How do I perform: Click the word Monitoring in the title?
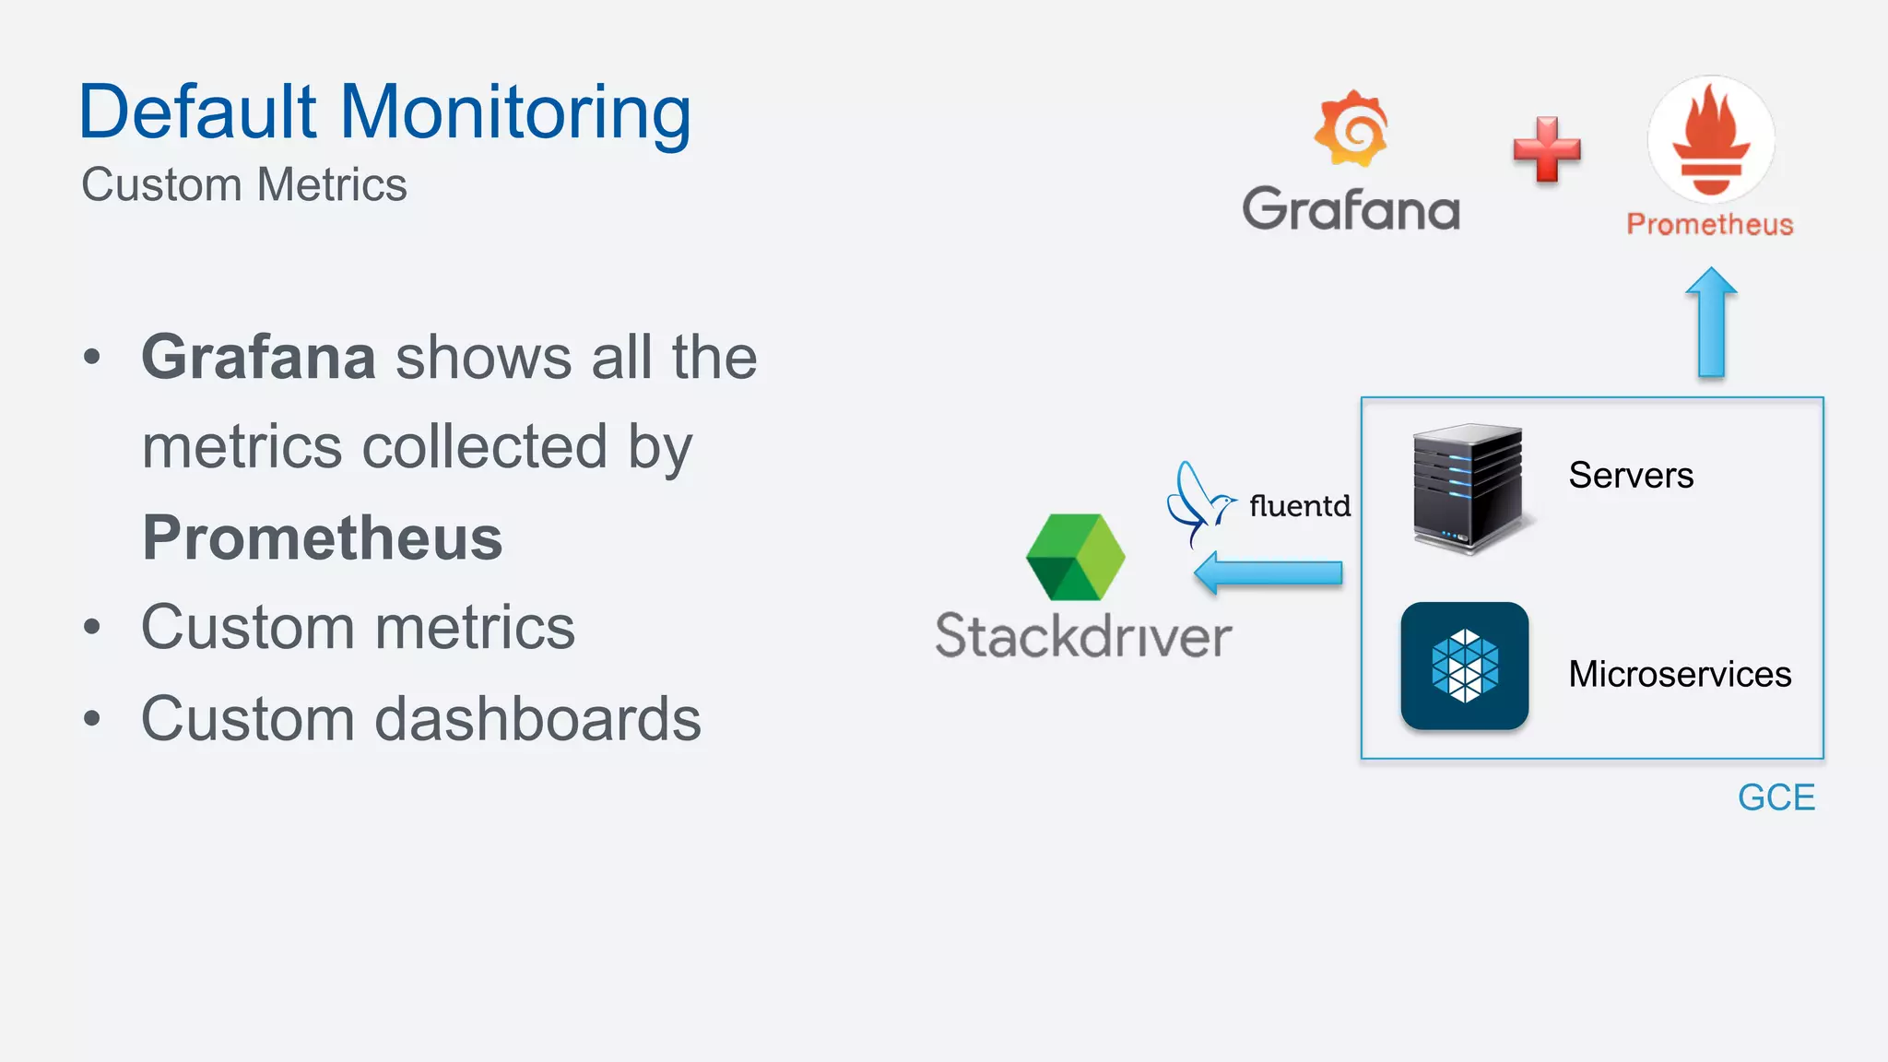(516, 112)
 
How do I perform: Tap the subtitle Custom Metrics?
(244, 184)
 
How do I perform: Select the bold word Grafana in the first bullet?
(259, 357)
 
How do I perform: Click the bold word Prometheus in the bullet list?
(323, 537)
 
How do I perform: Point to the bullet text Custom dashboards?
(420, 719)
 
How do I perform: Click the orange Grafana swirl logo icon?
(1351, 129)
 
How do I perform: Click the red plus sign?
(1547, 149)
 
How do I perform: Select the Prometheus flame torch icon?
(1711, 138)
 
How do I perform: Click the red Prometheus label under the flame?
(1710, 224)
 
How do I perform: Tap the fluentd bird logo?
(1197, 502)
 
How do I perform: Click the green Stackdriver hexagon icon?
(1076, 557)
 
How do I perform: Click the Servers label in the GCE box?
(1631, 476)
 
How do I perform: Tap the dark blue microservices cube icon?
(1465, 666)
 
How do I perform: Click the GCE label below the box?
(1776, 797)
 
